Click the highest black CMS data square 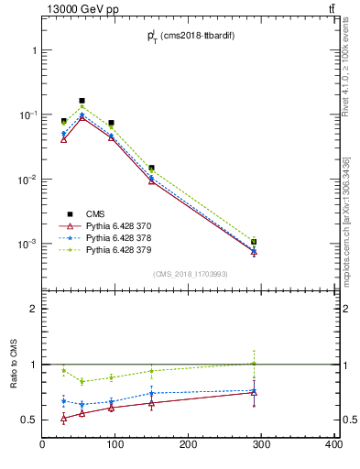(x=82, y=101)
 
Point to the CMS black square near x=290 (x=254, y=242)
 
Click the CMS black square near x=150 (x=151, y=168)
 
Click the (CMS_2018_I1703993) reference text (x=190, y=274)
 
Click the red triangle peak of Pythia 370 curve (x=82, y=117)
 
